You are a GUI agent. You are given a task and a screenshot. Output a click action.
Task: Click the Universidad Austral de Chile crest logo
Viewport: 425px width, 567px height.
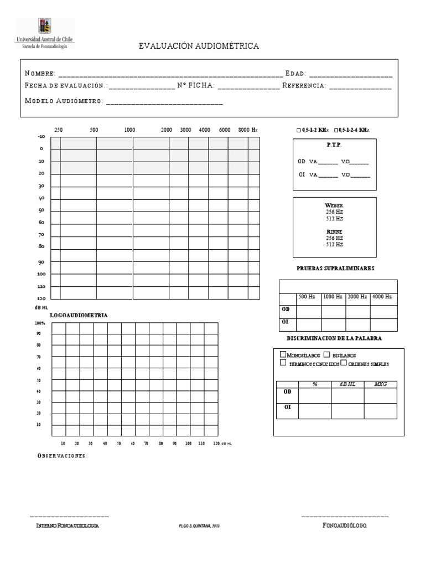point(44,26)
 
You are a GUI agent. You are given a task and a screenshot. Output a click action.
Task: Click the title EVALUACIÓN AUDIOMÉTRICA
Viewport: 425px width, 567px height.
point(199,47)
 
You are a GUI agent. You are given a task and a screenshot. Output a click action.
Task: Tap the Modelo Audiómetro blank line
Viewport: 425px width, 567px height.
point(164,102)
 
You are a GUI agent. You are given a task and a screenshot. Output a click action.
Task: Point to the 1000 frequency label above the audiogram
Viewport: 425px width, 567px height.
point(129,130)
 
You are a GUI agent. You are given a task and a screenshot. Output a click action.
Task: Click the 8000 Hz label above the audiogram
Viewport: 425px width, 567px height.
point(247,130)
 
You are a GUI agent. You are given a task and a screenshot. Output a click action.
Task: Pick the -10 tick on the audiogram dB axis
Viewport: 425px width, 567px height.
point(41,136)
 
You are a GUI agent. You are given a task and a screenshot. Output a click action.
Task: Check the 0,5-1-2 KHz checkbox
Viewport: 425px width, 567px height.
point(299,130)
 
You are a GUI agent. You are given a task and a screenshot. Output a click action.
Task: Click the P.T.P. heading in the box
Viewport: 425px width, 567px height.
point(334,145)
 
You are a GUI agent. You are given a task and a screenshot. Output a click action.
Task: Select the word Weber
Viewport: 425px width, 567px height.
point(334,205)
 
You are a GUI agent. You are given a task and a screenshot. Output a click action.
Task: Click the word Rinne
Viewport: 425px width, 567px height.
point(334,231)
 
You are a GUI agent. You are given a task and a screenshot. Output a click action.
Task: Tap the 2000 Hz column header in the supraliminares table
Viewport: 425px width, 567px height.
point(357,297)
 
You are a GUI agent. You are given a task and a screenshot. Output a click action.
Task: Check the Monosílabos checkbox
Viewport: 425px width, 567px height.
point(283,354)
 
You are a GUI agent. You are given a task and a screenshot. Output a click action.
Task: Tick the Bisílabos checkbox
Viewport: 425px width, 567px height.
point(326,354)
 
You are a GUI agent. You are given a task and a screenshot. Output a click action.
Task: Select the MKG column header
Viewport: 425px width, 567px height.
point(380,384)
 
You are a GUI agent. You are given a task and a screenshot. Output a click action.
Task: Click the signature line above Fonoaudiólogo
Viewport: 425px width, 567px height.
point(345,517)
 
